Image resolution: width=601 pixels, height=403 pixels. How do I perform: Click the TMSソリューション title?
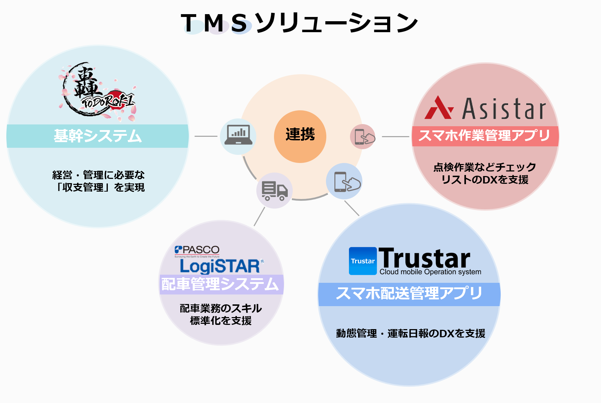point(299,23)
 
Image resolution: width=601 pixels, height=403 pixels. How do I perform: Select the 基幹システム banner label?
point(98,136)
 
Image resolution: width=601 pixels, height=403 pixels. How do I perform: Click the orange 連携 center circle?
point(300,136)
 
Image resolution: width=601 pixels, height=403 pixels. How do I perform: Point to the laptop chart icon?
point(238,136)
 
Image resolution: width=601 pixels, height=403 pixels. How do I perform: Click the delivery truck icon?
point(274,191)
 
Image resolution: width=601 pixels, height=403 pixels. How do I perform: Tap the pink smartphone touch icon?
point(363,136)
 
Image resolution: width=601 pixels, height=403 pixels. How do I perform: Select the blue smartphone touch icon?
point(344,181)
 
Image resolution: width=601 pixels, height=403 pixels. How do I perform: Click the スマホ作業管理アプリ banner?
point(485,136)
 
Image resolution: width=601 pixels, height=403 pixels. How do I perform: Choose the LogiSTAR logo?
point(220,266)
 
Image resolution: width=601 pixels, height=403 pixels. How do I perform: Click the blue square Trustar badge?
point(363,261)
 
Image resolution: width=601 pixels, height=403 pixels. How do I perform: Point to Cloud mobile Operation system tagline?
point(430,272)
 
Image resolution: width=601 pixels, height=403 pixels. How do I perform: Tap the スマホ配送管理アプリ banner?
point(409,294)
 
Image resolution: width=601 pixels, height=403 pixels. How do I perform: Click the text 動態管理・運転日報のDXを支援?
point(410,333)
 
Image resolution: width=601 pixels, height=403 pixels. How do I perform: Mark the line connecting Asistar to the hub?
point(396,136)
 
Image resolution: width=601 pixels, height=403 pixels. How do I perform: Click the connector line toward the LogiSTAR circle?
point(259,216)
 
